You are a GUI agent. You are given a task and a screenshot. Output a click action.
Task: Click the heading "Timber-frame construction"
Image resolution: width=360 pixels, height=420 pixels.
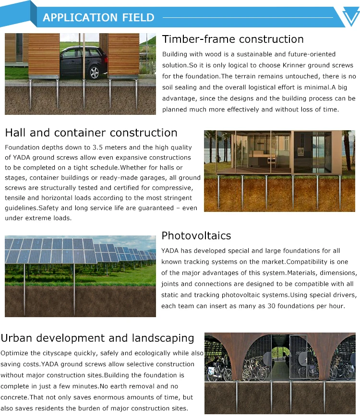click(x=233, y=39)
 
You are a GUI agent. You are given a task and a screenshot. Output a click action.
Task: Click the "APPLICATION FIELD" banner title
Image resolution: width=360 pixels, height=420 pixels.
click(x=98, y=18)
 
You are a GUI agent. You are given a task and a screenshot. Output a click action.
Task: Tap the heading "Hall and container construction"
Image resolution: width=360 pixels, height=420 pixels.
click(x=91, y=133)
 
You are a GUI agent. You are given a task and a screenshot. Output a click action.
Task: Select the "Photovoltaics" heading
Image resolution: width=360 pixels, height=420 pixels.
click(x=196, y=235)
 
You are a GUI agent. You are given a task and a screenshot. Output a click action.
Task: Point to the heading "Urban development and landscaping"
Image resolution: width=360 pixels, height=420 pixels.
click(x=97, y=338)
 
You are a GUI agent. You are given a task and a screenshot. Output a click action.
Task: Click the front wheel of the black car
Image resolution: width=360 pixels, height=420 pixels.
click(x=95, y=73)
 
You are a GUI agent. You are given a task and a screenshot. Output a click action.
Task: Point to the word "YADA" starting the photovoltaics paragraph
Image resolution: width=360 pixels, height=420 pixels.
click(x=170, y=251)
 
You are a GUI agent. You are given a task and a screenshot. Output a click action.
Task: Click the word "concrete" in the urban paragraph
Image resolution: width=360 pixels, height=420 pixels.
click(x=14, y=397)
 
